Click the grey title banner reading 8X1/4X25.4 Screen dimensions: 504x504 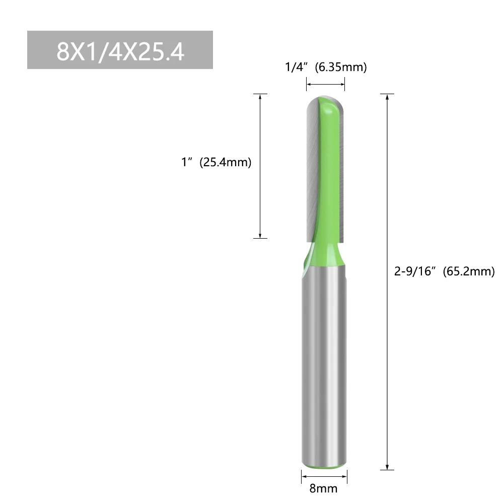[120, 50]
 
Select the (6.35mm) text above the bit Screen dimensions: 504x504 [340, 67]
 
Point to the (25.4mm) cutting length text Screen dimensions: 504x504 [225, 163]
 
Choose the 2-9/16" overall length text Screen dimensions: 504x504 [416, 272]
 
